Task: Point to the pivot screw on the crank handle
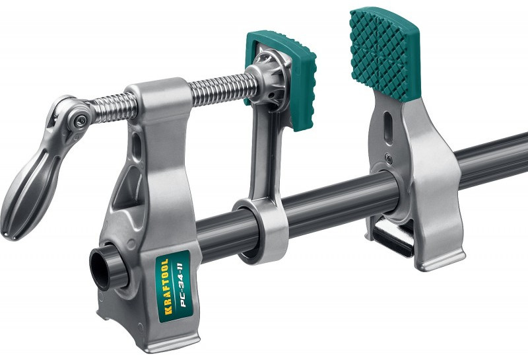point(80,121)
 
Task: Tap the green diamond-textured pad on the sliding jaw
point(384,54)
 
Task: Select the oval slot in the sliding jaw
point(387,127)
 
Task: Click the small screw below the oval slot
point(389,158)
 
